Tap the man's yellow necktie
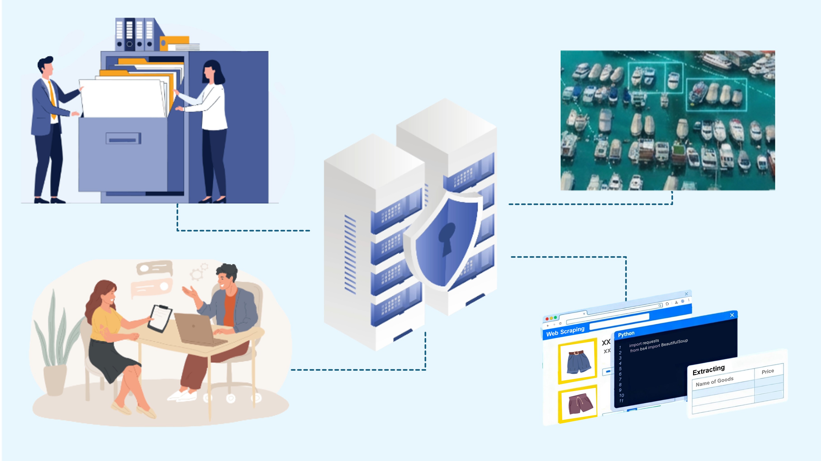pos(52,99)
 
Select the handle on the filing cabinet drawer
pos(123,139)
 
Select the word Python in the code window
pos(626,334)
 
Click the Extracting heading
pos(709,370)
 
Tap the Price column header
pos(767,371)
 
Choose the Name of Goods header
pos(714,381)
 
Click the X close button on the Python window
pos(732,315)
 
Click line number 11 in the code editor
pos(621,401)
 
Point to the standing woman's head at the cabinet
pos(212,72)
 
